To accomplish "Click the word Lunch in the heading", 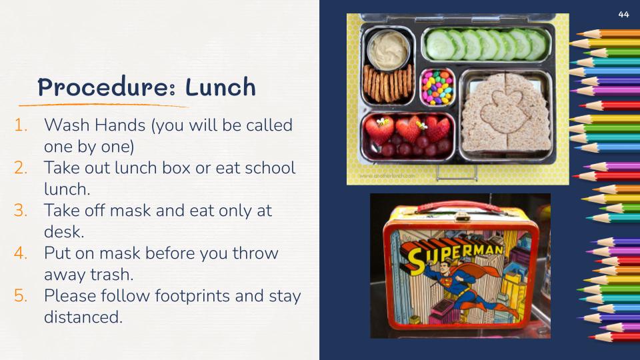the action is click(x=221, y=87).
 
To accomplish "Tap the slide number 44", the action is click(x=624, y=14).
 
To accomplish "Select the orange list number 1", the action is click(x=21, y=125).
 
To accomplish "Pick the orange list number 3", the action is click(x=21, y=211).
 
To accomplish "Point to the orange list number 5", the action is click(x=21, y=295).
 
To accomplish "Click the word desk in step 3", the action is click(x=64, y=232).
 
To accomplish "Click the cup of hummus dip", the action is click(x=388, y=48).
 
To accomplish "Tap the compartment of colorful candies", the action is click(x=437, y=87).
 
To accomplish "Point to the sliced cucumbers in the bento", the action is click(x=486, y=45).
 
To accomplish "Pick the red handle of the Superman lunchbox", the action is click(x=461, y=207).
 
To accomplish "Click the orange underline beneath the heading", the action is click(x=103, y=105).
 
